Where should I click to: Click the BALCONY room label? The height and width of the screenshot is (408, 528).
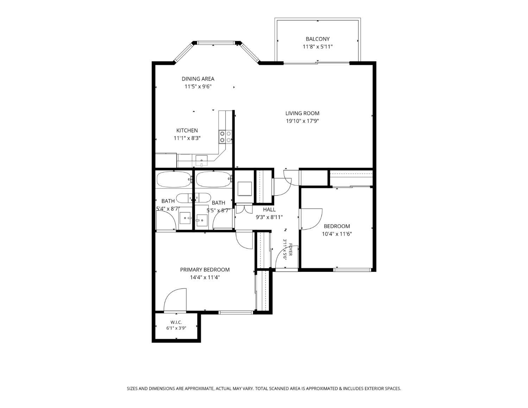[318, 39]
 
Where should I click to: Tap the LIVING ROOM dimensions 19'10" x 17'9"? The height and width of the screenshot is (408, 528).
[302, 121]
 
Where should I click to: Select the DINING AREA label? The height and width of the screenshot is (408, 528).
[198, 79]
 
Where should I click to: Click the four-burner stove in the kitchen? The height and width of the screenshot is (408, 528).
[225, 137]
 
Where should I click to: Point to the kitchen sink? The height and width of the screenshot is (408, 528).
[201, 161]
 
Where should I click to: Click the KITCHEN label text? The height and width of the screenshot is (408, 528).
[187, 130]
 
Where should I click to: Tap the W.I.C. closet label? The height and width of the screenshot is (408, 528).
[176, 322]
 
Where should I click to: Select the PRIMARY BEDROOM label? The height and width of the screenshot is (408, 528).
[205, 270]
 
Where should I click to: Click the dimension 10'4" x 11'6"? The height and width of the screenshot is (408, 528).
[337, 234]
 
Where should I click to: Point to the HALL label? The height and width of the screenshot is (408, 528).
[269, 209]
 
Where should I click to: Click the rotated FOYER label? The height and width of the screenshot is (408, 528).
[290, 250]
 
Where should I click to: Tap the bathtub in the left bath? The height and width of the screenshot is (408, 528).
[174, 180]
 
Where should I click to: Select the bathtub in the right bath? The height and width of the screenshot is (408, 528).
[213, 180]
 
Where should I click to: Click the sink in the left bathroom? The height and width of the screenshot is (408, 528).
[185, 218]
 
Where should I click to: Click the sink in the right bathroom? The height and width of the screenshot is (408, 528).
[202, 220]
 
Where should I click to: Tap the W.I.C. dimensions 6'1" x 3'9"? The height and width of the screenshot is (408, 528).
[176, 328]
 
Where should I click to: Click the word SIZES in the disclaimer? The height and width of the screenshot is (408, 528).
[132, 389]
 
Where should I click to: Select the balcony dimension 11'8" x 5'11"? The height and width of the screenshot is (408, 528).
[318, 47]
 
